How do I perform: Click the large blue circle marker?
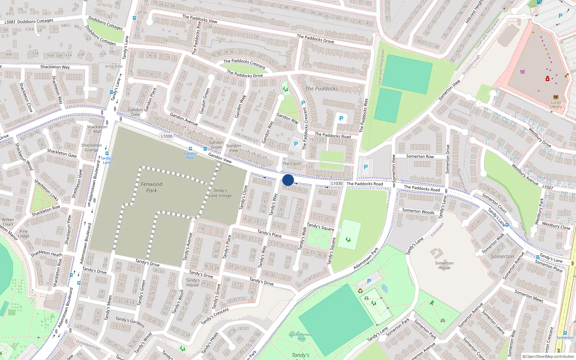(x=288, y=180)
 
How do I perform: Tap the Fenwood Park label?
(x=152, y=187)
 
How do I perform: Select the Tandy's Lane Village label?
(x=220, y=193)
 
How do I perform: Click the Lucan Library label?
(x=556, y=104)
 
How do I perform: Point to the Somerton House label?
(x=444, y=265)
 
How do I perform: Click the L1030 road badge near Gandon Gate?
(x=167, y=136)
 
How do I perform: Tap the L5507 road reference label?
(x=548, y=187)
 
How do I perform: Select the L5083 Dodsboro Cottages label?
(x=29, y=21)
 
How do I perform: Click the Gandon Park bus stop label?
(x=190, y=156)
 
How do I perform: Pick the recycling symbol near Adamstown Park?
(x=360, y=291)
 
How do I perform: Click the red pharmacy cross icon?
(x=548, y=78)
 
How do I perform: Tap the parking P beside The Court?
(x=296, y=144)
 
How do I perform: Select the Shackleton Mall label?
(x=97, y=129)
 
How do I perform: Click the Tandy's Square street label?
(x=320, y=227)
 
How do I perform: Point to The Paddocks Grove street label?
(x=315, y=39)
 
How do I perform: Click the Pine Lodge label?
(x=24, y=234)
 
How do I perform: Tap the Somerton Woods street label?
(x=418, y=211)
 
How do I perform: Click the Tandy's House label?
(x=193, y=283)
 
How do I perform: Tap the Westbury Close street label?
(x=556, y=226)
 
